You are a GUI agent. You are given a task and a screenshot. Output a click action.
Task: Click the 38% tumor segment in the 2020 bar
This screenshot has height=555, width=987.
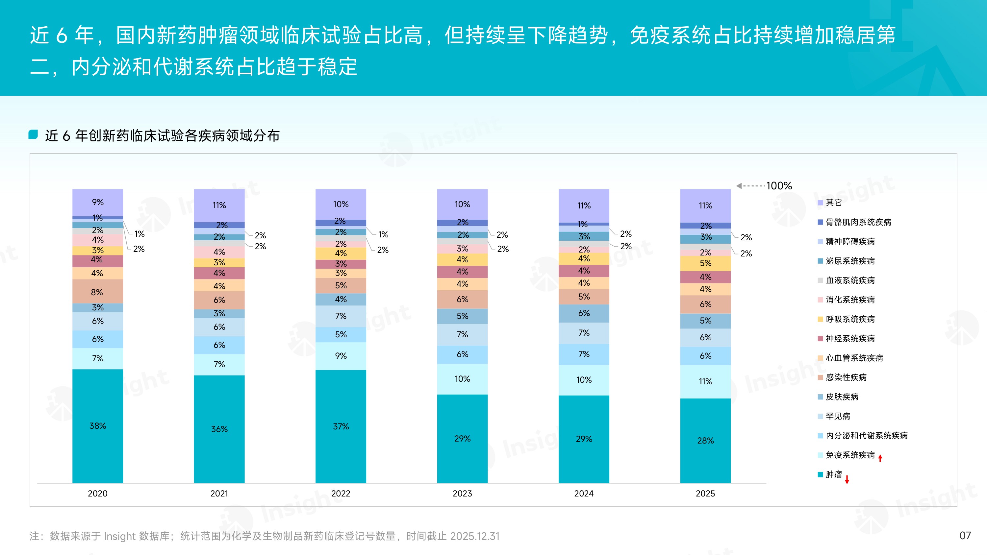pos(98,425)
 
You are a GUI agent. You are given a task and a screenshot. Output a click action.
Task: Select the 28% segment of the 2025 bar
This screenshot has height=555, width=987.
pos(705,441)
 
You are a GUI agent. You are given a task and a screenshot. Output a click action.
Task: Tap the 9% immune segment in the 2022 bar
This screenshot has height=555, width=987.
pos(341,356)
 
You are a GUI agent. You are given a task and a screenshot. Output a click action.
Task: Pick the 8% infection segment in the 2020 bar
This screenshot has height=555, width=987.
pos(97,292)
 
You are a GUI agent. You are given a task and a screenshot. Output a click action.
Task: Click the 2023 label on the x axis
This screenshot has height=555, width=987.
pos(462,493)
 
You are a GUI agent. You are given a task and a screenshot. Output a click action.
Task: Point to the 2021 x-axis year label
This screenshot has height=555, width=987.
pos(219,493)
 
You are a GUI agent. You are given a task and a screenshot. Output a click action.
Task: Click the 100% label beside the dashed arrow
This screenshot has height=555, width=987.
pos(779,186)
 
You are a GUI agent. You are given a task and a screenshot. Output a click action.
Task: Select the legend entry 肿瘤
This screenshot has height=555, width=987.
pos(833,474)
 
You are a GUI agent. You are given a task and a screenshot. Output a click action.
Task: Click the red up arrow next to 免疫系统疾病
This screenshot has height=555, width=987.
pos(880,458)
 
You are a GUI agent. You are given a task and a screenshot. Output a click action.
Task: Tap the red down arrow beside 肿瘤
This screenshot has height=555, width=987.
pos(847,479)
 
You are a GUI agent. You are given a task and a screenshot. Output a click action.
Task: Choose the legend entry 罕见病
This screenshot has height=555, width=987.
pos(838,416)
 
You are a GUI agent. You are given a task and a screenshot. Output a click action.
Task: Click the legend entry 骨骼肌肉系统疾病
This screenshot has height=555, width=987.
pos(858,222)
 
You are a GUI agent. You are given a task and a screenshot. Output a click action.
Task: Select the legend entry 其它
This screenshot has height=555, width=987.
pos(833,203)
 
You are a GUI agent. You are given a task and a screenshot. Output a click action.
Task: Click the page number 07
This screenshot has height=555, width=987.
pos(965,536)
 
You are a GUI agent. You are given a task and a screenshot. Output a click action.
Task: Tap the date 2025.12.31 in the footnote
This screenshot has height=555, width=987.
pos(475,536)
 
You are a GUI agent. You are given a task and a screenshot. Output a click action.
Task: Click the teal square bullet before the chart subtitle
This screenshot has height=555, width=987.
pos(33,134)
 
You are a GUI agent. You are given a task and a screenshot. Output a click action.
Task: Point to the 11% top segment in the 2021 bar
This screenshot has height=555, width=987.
pos(219,205)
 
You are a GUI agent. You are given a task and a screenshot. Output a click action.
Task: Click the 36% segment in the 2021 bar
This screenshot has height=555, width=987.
pos(219,429)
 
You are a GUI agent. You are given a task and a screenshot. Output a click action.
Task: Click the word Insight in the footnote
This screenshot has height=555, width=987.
pos(119,536)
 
